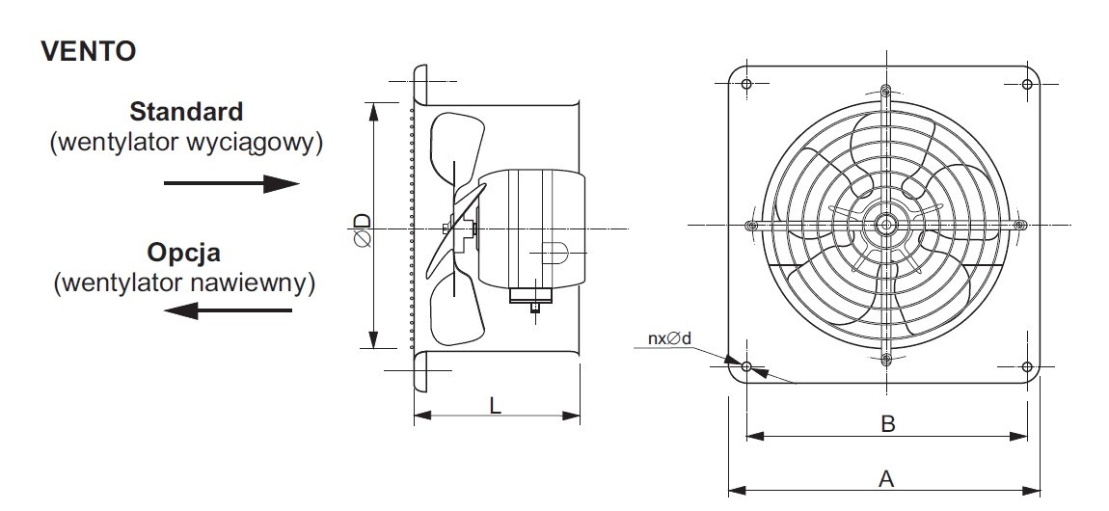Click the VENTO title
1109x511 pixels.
click(x=89, y=51)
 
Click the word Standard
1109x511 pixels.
click(x=187, y=111)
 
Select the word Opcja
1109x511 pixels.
click(x=184, y=253)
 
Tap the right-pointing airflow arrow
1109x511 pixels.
click(x=231, y=184)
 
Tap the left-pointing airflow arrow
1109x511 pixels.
click(x=228, y=310)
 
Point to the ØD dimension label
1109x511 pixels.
click(x=363, y=229)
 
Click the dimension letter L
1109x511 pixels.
click(x=495, y=406)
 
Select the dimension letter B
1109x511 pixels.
click(x=887, y=424)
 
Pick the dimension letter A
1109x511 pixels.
click(x=886, y=479)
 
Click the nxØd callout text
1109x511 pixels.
click(x=670, y=338)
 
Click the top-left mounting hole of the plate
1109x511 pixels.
click(x=746, y=84)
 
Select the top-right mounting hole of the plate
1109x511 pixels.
click(x=1027, y=84)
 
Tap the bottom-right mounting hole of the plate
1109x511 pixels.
click(x=1027, y=366)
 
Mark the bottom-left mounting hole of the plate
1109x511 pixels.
click(x=746, y=366)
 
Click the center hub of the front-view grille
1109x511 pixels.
click(x=885, y=226)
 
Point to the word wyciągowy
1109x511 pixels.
click(x=254, y=143)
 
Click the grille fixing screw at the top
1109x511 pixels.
click(x=886, y=91)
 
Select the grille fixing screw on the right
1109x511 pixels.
click(x=1019, y=226)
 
